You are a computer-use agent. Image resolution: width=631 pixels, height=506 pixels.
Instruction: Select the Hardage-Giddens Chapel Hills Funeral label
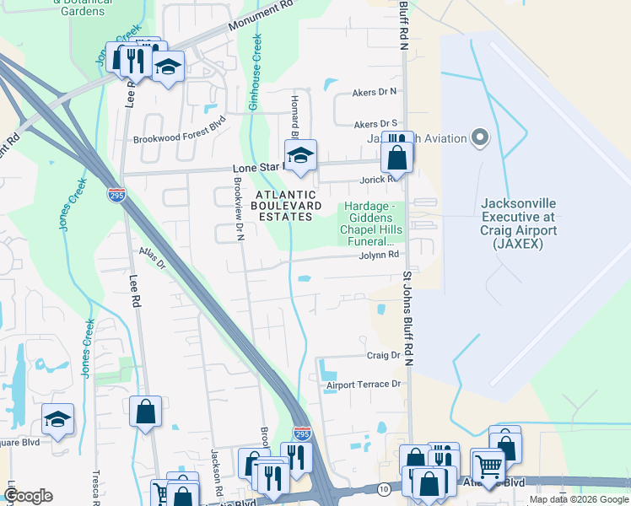click(370, 223)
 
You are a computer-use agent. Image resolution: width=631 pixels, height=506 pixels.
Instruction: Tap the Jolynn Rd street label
click(378, 256)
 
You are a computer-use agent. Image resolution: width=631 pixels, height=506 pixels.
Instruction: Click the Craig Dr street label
click(383, 356)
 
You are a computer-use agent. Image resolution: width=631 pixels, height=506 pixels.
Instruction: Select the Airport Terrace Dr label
click(362, 385)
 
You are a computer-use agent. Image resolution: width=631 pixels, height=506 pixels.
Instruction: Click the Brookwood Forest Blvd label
click(181, 141)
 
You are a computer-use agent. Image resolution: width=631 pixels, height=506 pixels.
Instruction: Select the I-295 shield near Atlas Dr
click(116, 194)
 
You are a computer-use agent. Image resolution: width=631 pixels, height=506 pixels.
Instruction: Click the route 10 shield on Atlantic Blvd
click(384, 489)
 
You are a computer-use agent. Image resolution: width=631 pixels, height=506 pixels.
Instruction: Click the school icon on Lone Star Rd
click(299, 156)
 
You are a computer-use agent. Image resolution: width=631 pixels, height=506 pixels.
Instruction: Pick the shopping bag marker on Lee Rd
click(146, 412)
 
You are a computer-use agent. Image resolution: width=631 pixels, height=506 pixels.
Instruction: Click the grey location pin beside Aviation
click(481, 137)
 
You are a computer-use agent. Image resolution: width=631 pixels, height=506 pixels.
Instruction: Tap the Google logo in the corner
click(28, 496)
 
